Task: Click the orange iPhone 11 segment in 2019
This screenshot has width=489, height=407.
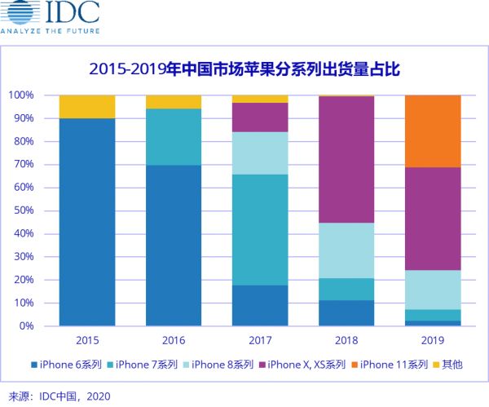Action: (432, 131)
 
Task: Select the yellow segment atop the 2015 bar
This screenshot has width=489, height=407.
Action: (87, 107)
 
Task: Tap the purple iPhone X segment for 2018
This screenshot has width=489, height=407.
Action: (346, 159)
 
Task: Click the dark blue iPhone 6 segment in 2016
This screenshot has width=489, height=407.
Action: (174, 245)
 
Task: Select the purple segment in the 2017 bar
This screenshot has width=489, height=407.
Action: (260, 117)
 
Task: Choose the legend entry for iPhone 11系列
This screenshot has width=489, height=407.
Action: (394, 365)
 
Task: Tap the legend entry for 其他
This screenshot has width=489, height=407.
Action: (452, 365)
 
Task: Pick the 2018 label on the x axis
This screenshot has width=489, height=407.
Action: (346, 340)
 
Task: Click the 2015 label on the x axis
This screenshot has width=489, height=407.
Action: (87, 340)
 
